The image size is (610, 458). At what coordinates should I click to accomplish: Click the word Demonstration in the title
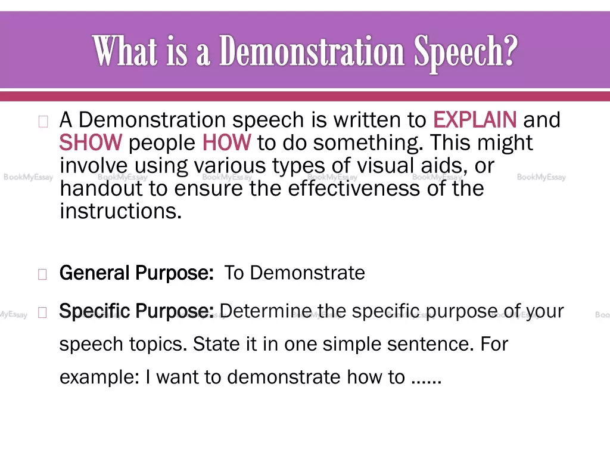312,51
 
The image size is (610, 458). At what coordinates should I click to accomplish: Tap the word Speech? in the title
466,52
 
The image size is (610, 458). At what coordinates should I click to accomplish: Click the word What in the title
125,51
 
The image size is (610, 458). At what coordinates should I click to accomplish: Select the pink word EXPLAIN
475,119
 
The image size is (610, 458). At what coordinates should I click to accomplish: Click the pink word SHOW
91,143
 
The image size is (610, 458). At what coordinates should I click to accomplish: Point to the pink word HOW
227,143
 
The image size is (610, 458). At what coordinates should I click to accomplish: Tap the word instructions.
120,212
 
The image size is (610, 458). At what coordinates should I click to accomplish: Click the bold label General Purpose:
136,273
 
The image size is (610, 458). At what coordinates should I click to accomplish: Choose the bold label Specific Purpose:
136,311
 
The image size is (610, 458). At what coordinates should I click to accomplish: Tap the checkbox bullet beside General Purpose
42,274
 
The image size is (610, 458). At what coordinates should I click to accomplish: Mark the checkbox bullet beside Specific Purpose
42,312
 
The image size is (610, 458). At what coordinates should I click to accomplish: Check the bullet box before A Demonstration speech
43,122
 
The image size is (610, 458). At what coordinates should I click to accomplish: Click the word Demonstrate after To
307,273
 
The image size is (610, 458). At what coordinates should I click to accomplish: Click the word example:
99,377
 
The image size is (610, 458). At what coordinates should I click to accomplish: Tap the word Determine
265,311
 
